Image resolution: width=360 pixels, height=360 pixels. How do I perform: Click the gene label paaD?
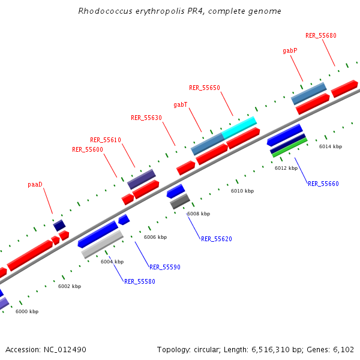click(35, 184)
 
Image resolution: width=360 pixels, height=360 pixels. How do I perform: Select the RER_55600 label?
click(88, 149)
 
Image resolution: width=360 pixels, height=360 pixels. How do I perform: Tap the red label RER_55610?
click(106, 140)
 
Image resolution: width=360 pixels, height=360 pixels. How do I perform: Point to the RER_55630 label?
click(146, 118)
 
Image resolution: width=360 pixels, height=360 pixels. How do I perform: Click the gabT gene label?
click(181, 104)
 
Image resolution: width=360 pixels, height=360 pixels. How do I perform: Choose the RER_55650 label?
click(205, 88)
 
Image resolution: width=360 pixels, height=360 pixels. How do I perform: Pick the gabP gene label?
click(290, 51)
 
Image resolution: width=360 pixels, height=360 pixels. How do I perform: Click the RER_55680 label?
click(321, 35)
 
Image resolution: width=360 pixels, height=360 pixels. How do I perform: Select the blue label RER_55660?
click(323, 184)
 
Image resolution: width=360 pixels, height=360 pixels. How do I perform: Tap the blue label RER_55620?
click(217, 239)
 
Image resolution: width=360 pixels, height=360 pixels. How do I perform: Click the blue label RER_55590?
click(165, 267)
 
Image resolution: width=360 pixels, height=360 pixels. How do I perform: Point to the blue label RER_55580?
click(140, 281)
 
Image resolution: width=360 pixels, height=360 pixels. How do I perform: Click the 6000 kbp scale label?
click(27, 311)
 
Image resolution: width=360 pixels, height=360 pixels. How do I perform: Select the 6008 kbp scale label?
click(199, 214)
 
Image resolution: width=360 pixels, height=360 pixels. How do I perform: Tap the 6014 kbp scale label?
click(331, 146)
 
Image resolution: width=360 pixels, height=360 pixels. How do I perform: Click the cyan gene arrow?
click(240, 126)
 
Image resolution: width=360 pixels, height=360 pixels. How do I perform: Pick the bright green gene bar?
click(290, 148)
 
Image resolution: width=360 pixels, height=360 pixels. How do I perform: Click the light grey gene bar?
click(103, 244)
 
